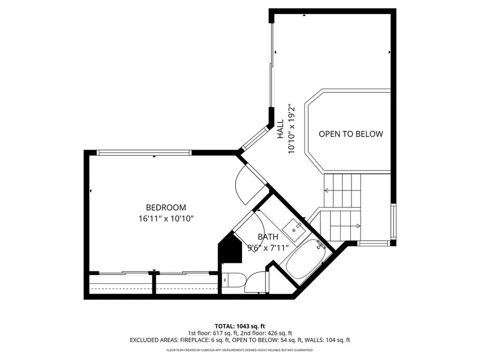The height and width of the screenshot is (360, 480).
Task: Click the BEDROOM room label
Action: tap(166, 207)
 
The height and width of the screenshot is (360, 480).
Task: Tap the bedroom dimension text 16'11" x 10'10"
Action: tap(166, 218)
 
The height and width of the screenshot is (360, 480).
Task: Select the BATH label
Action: tap(268, 237)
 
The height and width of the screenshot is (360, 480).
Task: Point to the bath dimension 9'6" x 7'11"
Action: tap(268, 247)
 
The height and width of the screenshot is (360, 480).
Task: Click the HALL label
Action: tap(280, 130)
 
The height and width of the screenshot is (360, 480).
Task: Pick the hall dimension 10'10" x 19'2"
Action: tap(291, 129)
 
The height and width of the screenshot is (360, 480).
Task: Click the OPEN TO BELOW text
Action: tap(350, 134)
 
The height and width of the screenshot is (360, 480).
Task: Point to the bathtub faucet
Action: tap(319, 245)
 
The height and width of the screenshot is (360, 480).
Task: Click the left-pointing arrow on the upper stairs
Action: tap(326, 190)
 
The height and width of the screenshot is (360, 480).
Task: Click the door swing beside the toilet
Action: tap(257, 281)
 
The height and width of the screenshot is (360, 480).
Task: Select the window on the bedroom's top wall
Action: tap(144, 153)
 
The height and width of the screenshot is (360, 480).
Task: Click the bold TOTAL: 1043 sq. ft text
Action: tap(239, 325)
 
